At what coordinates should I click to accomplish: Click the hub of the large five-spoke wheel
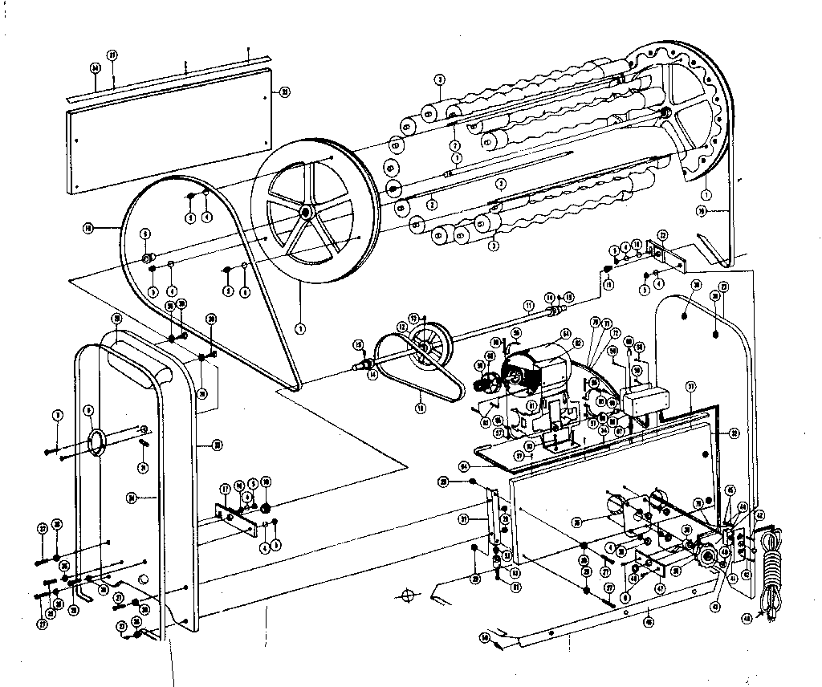click(x=305, y=212)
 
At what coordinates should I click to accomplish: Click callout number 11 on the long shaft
click(x=528, y=305)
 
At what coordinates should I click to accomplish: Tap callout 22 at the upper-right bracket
click(x=662, y=235)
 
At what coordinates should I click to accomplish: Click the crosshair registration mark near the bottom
click(x=408, y=596)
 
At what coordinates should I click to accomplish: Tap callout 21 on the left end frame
click(x=142, y=467)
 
